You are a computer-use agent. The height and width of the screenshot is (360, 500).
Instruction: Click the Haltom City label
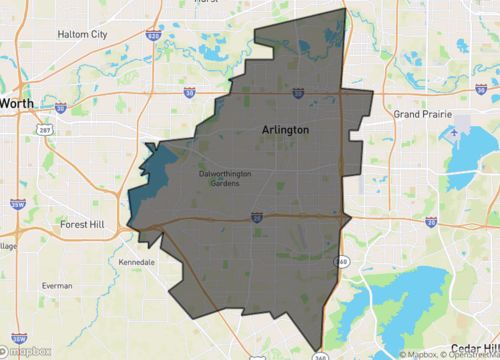pos(85,62)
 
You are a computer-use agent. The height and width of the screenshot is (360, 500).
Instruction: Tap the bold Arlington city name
pos(285,130)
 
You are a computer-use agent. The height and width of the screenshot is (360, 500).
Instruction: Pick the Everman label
pos(57,285)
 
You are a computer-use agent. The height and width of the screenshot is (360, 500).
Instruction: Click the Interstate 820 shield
pos(153,34)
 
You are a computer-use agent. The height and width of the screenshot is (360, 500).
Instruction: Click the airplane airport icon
pos(456,130)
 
